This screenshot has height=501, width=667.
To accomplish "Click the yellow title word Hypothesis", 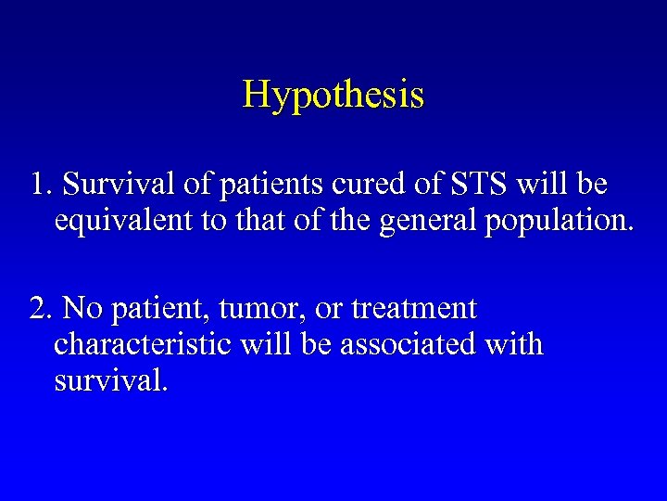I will pyautogui.click(x=333, y=95).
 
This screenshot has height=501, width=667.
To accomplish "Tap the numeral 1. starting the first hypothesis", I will pyautogui.click(x=40, y=185).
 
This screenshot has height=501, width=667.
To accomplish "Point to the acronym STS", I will pyautogui.click(x=478, y=185).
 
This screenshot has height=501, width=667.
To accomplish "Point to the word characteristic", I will pyautogui.click(x=143, y=345).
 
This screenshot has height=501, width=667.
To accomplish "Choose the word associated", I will pyautogui.click(x=412, y=345).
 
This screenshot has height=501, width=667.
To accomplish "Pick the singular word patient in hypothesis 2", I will pyautogui.click(x=151, y=309).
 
